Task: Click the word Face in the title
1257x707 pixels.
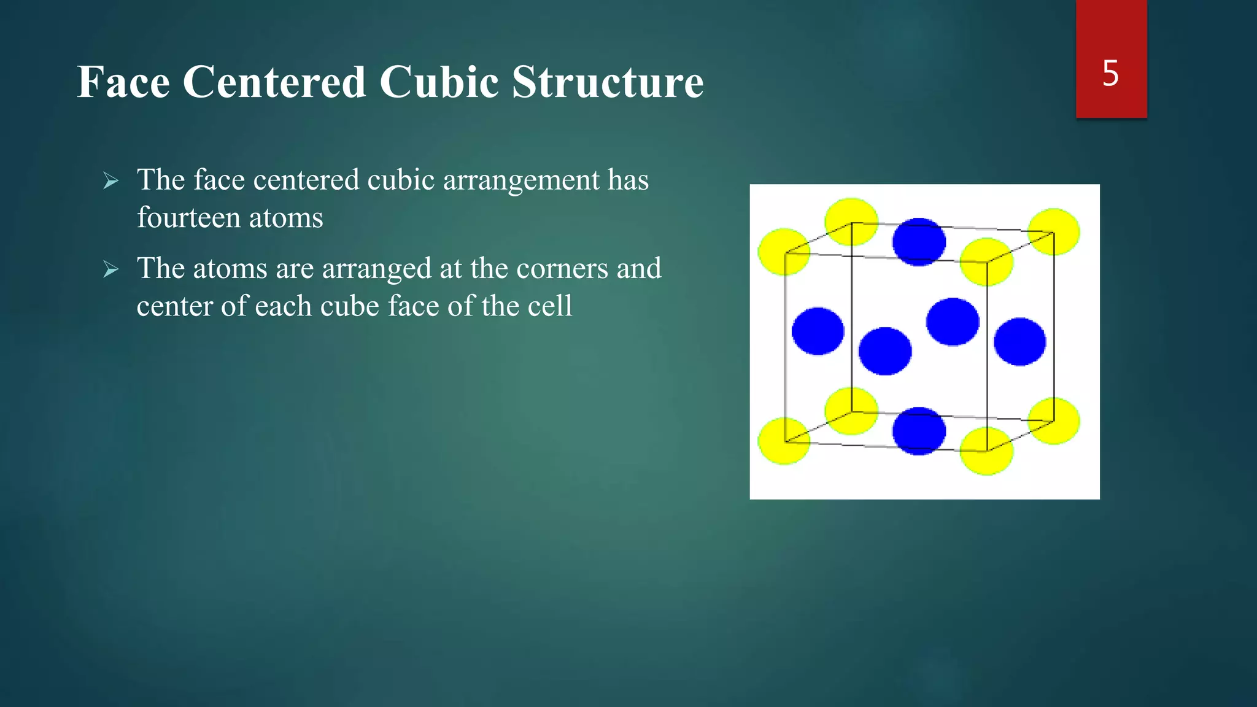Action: coord(123,82)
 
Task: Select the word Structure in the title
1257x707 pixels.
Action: coord(608,82)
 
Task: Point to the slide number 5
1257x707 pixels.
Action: coord(1110,74)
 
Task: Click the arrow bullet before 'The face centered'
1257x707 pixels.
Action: coord(111,180)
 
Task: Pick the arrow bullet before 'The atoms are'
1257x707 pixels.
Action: coord(111,269)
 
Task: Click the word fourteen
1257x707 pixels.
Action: coord(188,218)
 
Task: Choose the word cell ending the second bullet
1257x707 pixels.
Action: coord(551,306)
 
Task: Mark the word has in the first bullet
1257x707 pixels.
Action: coord(628,180)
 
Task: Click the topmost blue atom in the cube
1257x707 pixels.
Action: coord(919,242)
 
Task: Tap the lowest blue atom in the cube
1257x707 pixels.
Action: coord(919,431)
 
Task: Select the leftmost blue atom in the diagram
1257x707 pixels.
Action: coord(818,331)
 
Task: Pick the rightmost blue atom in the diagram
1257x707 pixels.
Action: coord(1019,342)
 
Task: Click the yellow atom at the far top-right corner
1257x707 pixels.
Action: coord(1054,231)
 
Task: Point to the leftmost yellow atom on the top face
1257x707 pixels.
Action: coord(784,252)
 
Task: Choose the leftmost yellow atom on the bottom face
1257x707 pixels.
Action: coord(784,441)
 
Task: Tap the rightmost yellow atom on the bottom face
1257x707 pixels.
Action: coord(1054,421)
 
